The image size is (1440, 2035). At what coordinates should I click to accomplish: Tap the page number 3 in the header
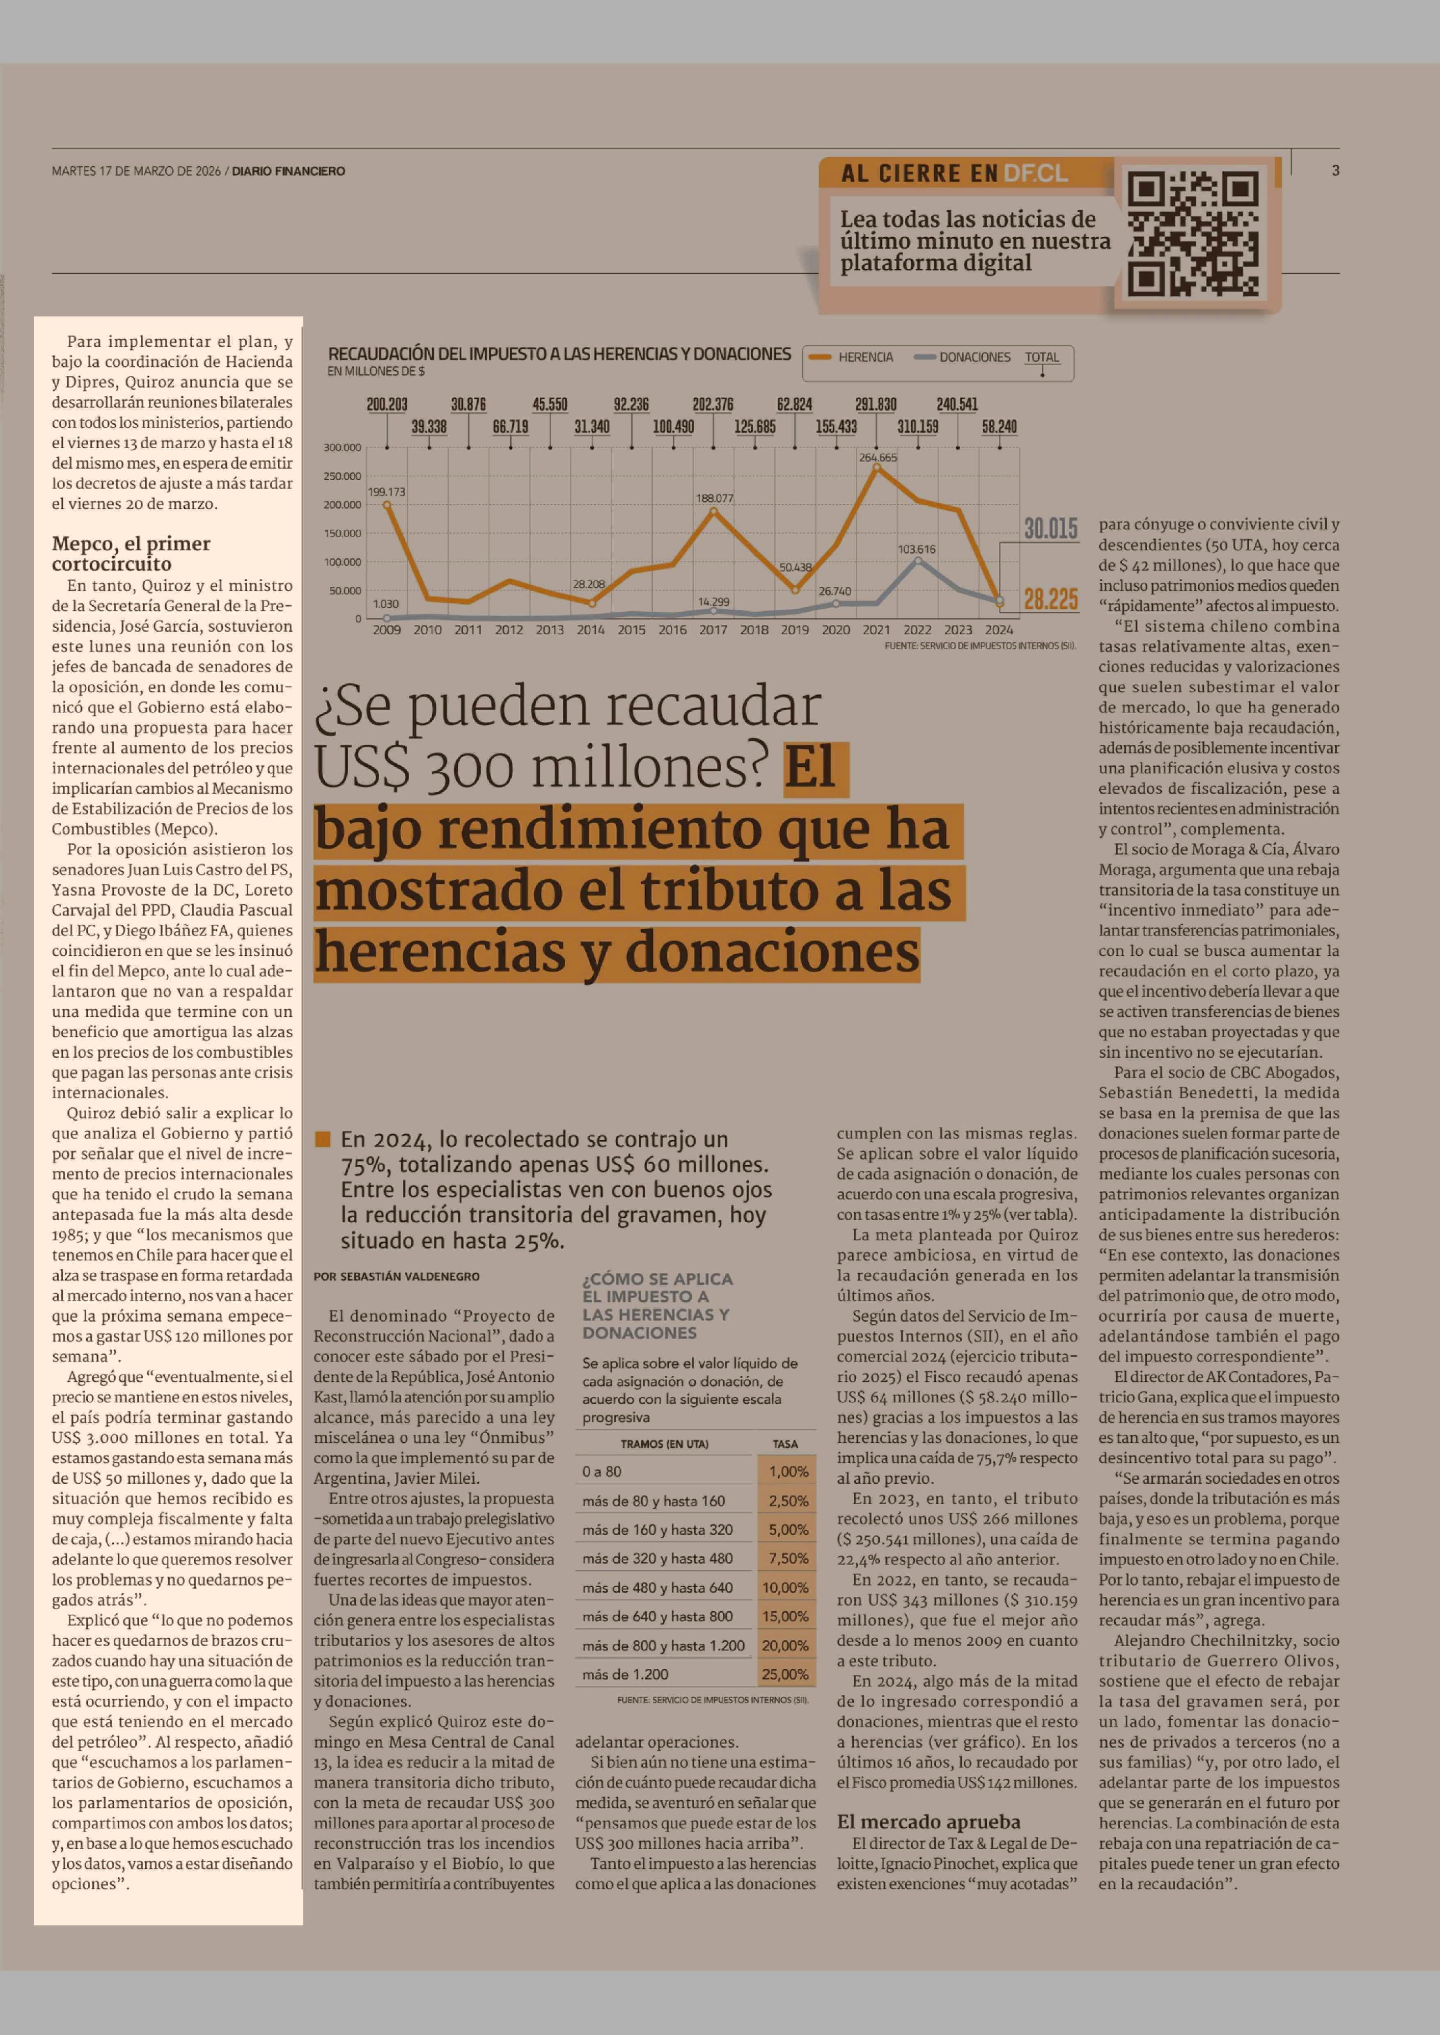point(1335,170)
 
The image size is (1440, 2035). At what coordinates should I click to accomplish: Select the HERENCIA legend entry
point(864,357)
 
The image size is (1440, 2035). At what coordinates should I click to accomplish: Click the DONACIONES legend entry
point(974,357)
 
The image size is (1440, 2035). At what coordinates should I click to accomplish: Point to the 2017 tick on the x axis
point(713,630)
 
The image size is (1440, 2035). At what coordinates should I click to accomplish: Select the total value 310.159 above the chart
point(918,426)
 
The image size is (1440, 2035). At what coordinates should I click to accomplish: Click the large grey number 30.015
point(1051,529)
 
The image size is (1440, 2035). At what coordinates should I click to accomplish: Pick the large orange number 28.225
point(1051,599)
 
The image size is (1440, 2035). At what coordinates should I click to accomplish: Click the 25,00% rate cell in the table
point(785,1674)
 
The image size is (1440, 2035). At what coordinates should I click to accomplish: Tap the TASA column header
point(785,1444)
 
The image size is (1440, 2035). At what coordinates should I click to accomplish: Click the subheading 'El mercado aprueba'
point(929,1821)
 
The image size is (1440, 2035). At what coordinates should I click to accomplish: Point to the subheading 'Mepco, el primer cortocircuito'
point(131,553)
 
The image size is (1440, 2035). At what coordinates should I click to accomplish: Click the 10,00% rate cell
point(785,1587)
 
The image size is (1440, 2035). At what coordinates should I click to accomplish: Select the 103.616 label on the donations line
point(917,549)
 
